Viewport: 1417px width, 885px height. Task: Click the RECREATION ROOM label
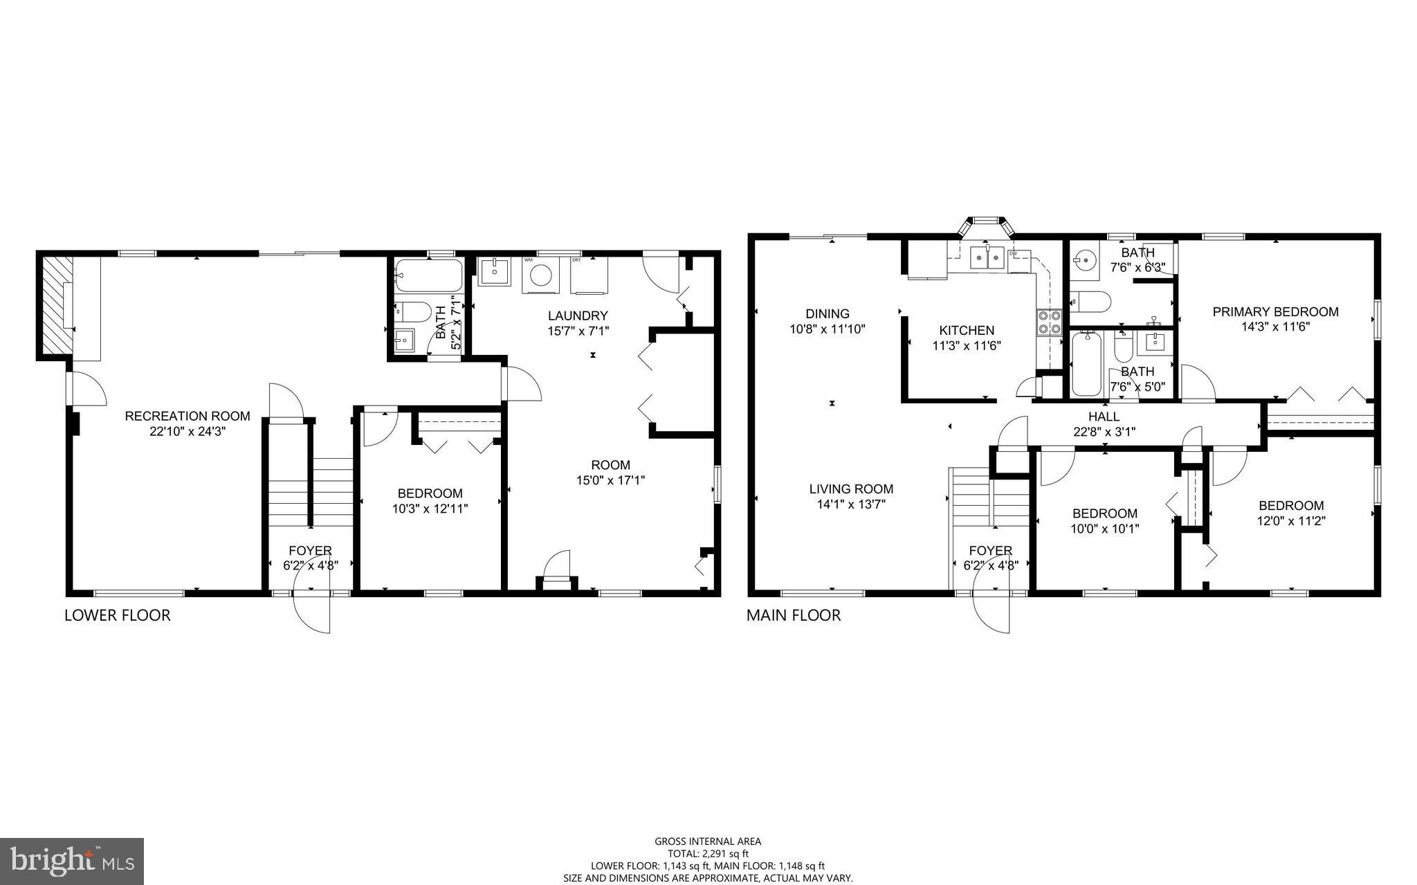(188, 416)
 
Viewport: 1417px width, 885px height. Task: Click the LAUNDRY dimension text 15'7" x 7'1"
(578, 331)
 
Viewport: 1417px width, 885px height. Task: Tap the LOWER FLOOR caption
(117, 615)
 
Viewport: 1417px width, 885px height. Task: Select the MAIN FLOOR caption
(794, 615)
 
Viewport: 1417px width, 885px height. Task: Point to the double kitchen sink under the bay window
(987, 259)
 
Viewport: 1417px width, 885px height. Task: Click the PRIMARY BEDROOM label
(1275, 312)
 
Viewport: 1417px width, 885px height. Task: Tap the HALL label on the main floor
(1104, 417)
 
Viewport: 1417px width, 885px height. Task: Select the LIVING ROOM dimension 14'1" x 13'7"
(851, 504)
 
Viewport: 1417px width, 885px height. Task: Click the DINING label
(828, 313)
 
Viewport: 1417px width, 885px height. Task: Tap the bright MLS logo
(72, 861)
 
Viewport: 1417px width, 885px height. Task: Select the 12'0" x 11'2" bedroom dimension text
(1290, 521)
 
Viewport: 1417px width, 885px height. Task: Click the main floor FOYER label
(990, 551)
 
